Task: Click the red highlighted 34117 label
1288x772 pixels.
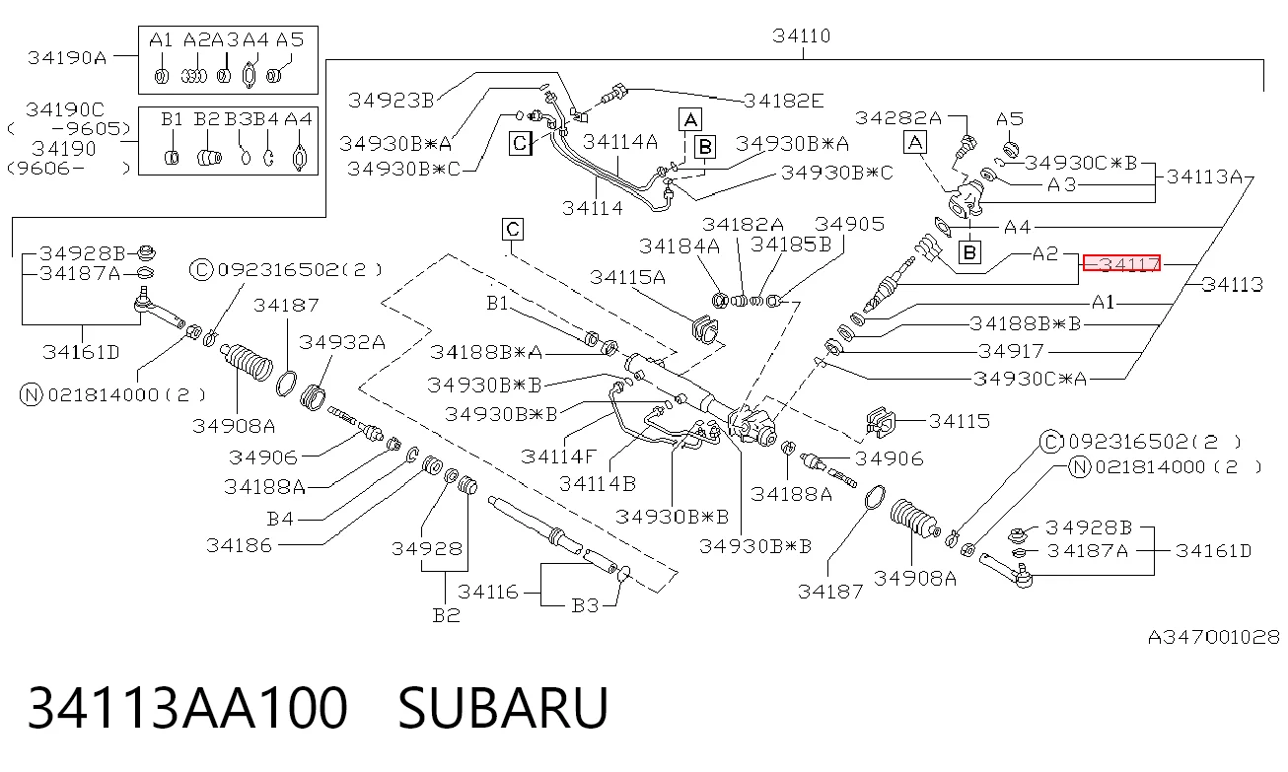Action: pos(1121,264)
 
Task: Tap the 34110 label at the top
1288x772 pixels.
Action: pos(801,36)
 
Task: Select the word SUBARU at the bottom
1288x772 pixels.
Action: pos(503,708)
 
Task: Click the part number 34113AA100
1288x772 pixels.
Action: pos(187,708)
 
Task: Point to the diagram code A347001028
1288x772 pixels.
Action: pos(1213,638)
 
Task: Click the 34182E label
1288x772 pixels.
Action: pos(783,102)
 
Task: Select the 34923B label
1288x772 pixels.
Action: pos(391,101)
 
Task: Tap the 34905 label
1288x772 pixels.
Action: pos(849,224)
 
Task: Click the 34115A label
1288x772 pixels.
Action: pos(627,278)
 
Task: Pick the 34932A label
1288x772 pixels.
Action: pos(341,342)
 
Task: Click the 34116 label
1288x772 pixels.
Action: pos(487,593)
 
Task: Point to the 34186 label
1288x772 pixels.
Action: pos(239,545)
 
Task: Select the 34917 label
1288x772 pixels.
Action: pos(1010,351)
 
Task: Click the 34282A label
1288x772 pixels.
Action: pos(897,118)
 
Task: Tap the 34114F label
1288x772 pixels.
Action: pos(558,457)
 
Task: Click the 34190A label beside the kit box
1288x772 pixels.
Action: pos(67,58)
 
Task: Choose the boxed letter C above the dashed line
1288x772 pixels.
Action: pos(512,230)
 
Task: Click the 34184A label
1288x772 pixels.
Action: pos(680,246)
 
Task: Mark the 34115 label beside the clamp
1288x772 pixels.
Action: pos(960,421)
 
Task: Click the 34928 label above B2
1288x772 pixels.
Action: pos(427,549)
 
